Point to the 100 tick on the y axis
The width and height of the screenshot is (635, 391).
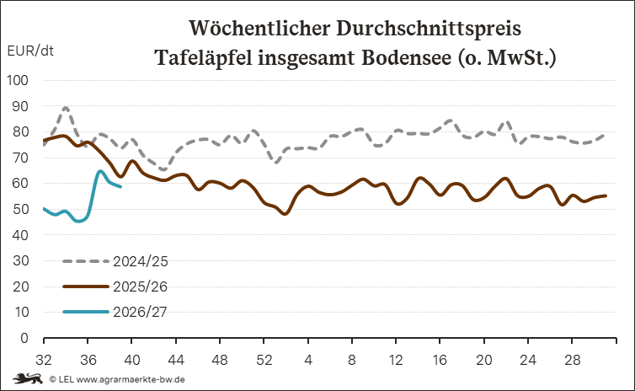pyautogui.click(x=18, y=80)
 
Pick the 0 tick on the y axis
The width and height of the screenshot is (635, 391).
pyautogui.click(x=24, y=338)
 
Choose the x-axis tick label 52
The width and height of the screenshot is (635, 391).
pyautogui.click(x=264, y=360)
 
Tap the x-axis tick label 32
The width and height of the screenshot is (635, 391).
pyautogui.click(x=44, y=360)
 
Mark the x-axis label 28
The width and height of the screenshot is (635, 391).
pyautogui.click(x=572, y=360)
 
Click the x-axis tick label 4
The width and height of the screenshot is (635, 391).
pyautogui.click(x=308, y=360)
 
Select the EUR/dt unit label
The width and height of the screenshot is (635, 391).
pyautogui.click(x=30, y=51)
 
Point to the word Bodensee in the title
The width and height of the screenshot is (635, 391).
pyautogui.click(x=406, y=57)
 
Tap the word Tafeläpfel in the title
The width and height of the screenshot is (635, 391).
pyautogui.click(x=203, y=58)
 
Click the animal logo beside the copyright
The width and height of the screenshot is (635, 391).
pyautogui.click(x=28, y=379)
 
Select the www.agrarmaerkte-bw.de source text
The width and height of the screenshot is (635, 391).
pyautogui.click(x=131, y=380)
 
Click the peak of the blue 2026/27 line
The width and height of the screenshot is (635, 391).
pyautogui.click(x=100, y=171)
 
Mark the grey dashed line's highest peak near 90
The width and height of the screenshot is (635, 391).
pyautogui.click(x=66, y=108)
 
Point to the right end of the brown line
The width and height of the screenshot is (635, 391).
pyautogui.click(x=606, y=195)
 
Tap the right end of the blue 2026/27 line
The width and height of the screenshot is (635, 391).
pyautogui.click(x=120, y=186)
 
